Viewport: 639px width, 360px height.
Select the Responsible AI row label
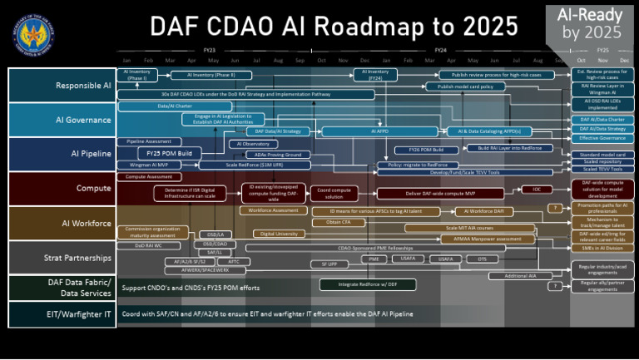pos(62,86)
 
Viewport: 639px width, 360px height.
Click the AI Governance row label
pos(62,120)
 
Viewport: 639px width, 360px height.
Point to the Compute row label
pos(62,189)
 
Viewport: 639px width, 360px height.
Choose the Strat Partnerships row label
pos(62,258)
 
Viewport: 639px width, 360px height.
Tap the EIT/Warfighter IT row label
pos(62,314)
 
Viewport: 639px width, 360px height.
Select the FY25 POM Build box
pos(170,154)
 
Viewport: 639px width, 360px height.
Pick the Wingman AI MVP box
pos(149,165)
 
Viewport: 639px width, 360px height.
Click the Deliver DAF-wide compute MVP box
pos(428,194)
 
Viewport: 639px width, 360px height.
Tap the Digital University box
pos(280,234)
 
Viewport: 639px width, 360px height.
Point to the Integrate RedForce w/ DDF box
pos(357,284)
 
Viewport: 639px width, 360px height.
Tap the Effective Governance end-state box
pos(602,138)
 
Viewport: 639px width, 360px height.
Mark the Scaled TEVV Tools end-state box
pos(602,169)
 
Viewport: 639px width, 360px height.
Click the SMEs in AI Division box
pos(602,247)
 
